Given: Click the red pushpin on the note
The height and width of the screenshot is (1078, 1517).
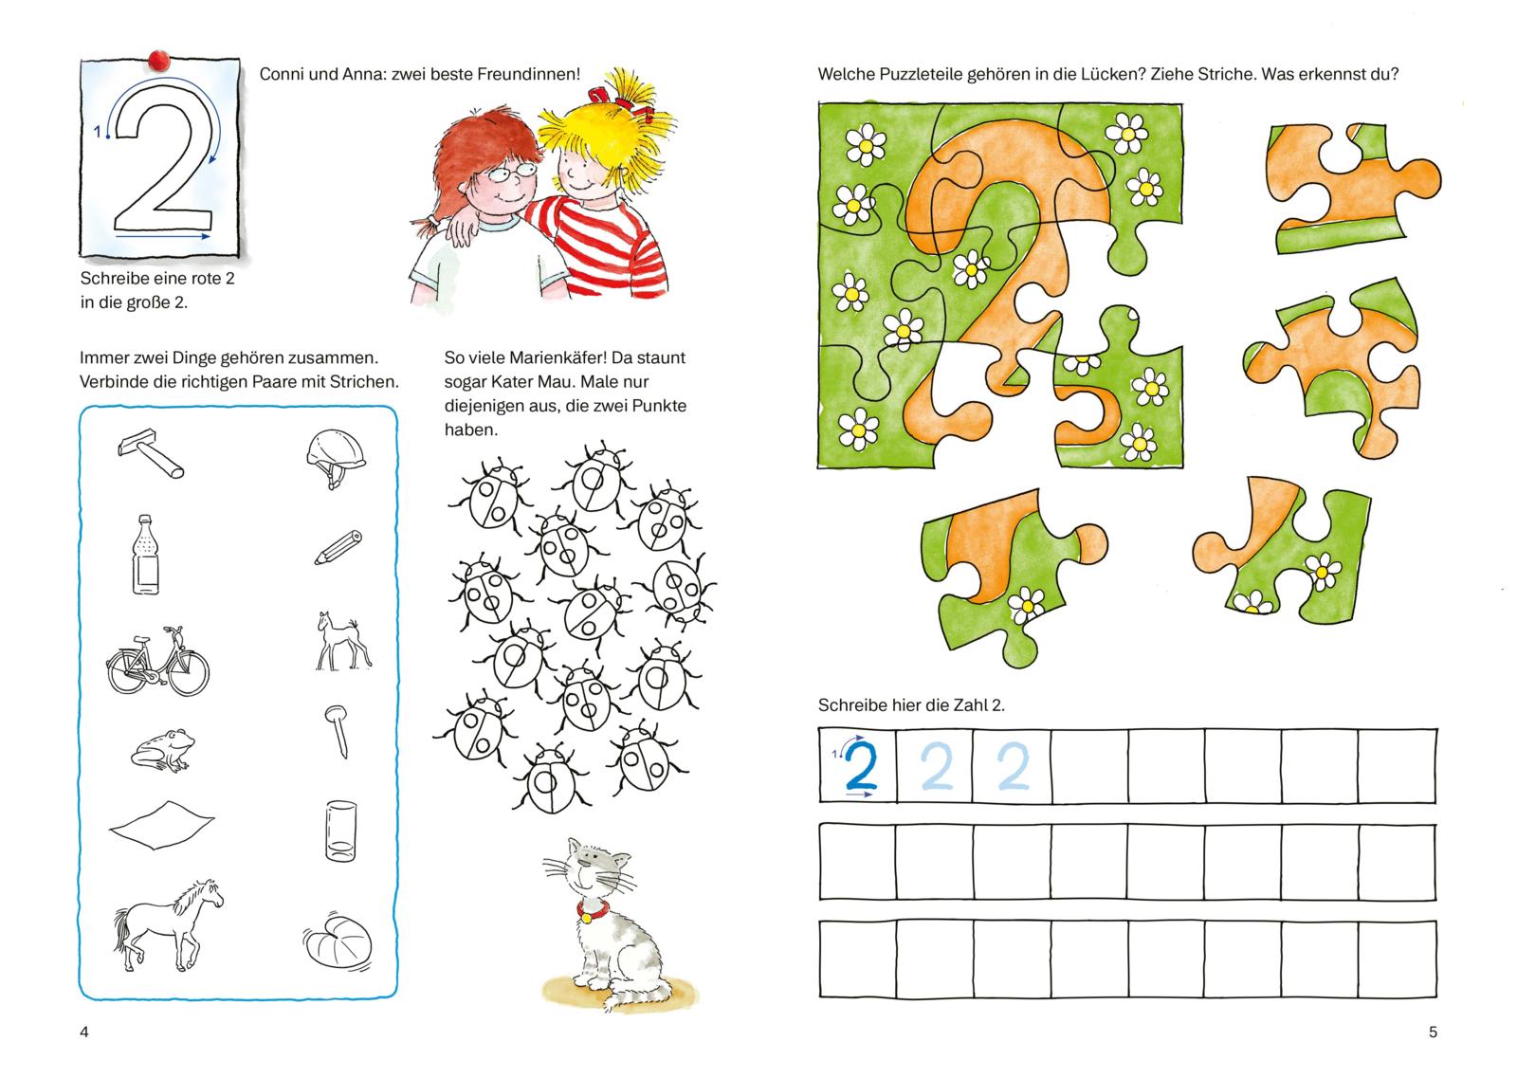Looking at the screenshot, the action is pyautogui.click(x=158, y=60).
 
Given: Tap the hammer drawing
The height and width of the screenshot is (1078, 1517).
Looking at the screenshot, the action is pyautogui.click(x=151, y=453).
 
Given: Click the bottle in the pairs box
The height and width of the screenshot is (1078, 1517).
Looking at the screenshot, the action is pyautogui.click(x=145, y=555).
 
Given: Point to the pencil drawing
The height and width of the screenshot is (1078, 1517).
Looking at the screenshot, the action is pyautogui.click(x=338, y=547).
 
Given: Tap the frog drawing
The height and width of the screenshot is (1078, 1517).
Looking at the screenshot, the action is pyautogui.click(x=163, y=750).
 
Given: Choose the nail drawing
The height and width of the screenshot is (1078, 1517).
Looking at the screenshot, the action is pyautogui.click(x=338, y=730).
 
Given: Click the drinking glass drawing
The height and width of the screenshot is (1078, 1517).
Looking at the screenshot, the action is pyautogui.click(x=340, y=831).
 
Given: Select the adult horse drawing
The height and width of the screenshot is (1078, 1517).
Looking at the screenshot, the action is pyautogui.click(x=167, y=925).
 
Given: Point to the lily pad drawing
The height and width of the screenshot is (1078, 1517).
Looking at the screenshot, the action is pyautogui.click(x=338, y=941).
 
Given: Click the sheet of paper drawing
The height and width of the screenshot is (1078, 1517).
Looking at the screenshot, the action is pyautogui.click(x=161, y=824).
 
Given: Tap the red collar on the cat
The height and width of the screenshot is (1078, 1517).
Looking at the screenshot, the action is pyautogui.click(x=593, y=911).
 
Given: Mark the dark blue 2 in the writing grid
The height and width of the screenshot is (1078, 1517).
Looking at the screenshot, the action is pyautogui.click(x=861, y=766).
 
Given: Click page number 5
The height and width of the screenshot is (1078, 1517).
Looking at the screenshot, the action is pyautogui.click(x=1433, y=1032).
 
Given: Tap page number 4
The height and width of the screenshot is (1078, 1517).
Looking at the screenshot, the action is pyautogui.click(x=84, y=1032).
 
